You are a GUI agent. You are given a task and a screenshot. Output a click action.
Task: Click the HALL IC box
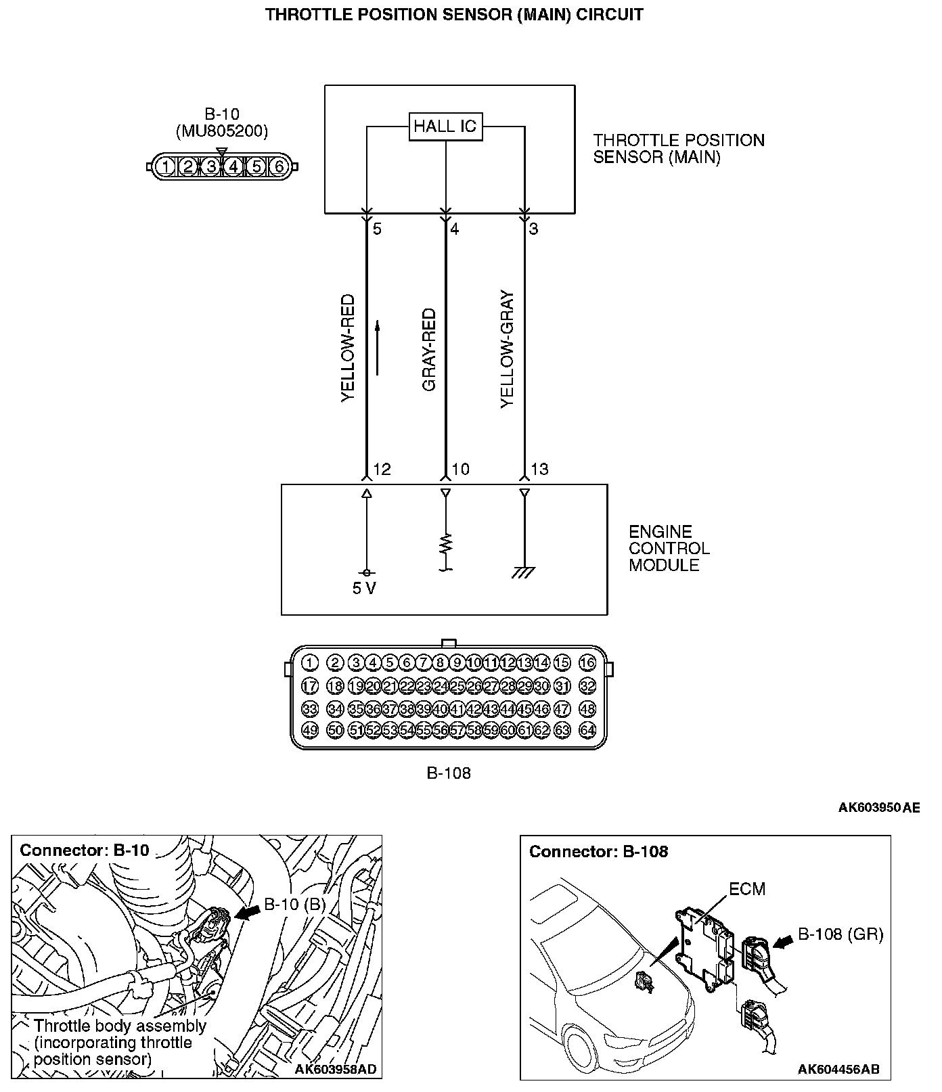pos(445,127)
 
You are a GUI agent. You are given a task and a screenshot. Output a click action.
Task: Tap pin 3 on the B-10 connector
pos(211,166)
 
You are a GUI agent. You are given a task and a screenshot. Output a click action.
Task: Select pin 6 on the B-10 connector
pos(278,166)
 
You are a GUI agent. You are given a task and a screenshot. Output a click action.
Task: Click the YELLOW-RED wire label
pos(348,348)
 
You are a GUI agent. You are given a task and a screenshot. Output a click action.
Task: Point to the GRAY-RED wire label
pos(429,350)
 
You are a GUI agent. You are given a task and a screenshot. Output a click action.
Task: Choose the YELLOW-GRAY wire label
pos(508,350)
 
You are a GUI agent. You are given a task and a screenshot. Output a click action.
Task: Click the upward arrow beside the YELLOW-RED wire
pos(378,348)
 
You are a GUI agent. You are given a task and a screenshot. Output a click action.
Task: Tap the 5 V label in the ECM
pos(364,589)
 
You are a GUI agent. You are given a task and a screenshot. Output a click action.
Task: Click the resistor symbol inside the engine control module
pos(445,544)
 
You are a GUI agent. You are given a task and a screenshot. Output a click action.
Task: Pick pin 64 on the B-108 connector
pos(587,731)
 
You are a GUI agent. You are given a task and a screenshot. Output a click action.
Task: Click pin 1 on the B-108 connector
pos(309,662)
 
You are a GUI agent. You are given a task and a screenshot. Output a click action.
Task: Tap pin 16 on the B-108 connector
pos(587,662)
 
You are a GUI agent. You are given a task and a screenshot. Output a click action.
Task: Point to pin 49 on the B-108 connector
pos(309,731)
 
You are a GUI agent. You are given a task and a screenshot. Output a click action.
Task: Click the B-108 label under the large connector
pos(448,773)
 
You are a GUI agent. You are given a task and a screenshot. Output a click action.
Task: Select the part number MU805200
pos(222,131)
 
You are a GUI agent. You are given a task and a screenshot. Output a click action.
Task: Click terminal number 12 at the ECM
pos(382,470)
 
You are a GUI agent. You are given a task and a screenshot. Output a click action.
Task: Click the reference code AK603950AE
pos(879,807)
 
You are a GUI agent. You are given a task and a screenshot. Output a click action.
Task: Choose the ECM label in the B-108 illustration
pos(747,888)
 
